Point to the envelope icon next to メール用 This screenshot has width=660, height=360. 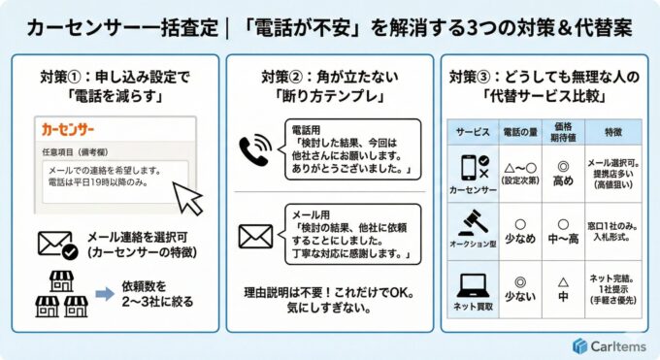tap(256, 235)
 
